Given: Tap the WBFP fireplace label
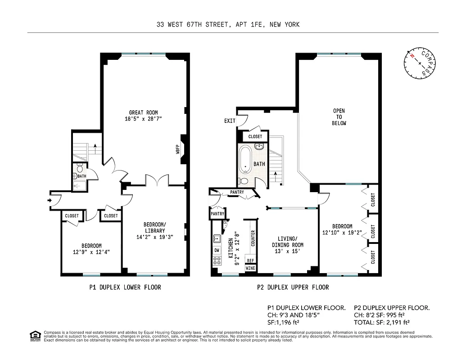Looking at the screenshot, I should click(178, 149).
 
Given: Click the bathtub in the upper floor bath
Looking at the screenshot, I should click(246, 160).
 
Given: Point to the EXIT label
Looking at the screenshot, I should click(230, 121).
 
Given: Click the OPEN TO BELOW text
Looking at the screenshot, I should click(339, 117).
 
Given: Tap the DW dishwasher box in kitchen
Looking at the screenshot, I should click(217, 250).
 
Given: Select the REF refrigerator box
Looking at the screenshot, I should click(250, 260).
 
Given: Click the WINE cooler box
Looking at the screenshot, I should click(250, 268).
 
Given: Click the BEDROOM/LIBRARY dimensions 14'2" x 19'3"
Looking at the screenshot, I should click(154, 237).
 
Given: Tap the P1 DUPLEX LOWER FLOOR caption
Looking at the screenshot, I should click(125, 287).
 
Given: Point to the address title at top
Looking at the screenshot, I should click(225, 25).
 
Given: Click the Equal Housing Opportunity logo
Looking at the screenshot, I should click(34, 335).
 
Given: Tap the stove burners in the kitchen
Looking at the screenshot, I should click(217, 260).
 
